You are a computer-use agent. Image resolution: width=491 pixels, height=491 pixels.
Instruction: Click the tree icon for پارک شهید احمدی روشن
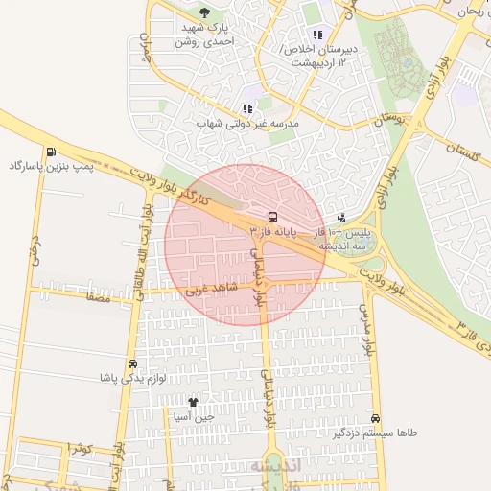204,12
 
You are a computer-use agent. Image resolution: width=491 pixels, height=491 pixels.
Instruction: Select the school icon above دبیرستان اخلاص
317,35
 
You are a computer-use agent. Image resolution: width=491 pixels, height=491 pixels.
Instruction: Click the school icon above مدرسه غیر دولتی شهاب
247,109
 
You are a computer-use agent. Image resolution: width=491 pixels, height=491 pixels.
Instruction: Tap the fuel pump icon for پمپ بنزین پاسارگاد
49,152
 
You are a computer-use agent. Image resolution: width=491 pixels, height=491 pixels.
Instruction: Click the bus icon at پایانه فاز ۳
272,217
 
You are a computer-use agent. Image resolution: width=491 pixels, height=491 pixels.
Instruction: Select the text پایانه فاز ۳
271,232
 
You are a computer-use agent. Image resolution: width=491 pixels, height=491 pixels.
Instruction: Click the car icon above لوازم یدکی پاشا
131,363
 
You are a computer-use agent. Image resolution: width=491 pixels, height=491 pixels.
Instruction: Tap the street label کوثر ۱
81,449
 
